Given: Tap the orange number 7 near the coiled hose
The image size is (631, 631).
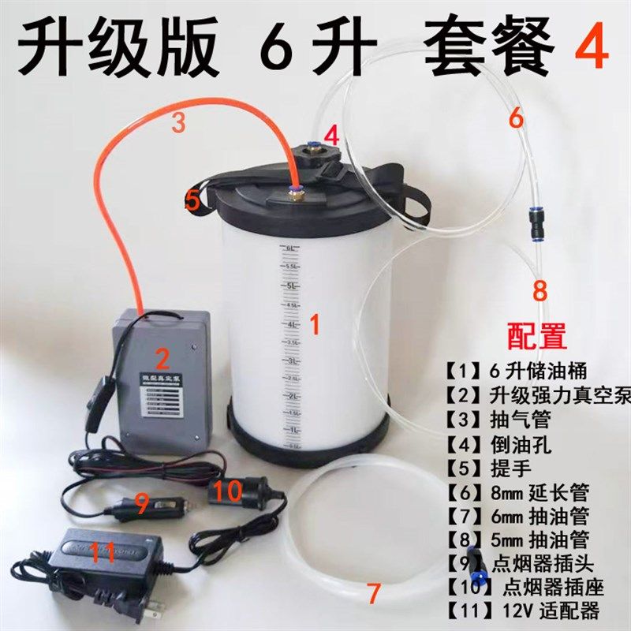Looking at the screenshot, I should tap(374, 591).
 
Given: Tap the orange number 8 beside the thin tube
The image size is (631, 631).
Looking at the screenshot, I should tap(540, 289).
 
